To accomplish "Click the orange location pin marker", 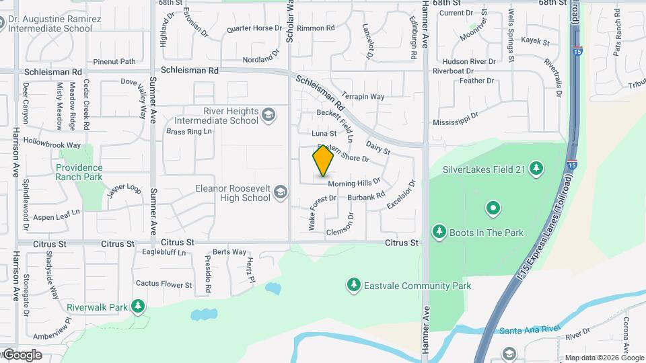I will click(x=324, y=161).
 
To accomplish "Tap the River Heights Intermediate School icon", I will click(x=269, y=116).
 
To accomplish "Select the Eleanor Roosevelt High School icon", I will click(x=280, y=194).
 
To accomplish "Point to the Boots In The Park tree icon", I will click(x=439, y=232).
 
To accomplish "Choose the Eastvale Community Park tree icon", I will click(x=353, y=286).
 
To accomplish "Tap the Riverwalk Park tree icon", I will click(x=138, y=307).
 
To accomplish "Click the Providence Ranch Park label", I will click(x=79, y=172).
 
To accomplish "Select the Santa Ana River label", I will click(x=530, y=330).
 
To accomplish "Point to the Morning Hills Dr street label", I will click(x=355, y=183).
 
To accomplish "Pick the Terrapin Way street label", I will click(x=363, y=97).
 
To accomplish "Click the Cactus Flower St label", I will click(x=164, y=284).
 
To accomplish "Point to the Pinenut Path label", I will click(x=114, y=61).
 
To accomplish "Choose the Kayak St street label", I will click(x=536, y=42).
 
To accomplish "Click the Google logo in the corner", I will click(x=22, y=354).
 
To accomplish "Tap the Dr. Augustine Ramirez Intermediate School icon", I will click(x=11, y=24).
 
